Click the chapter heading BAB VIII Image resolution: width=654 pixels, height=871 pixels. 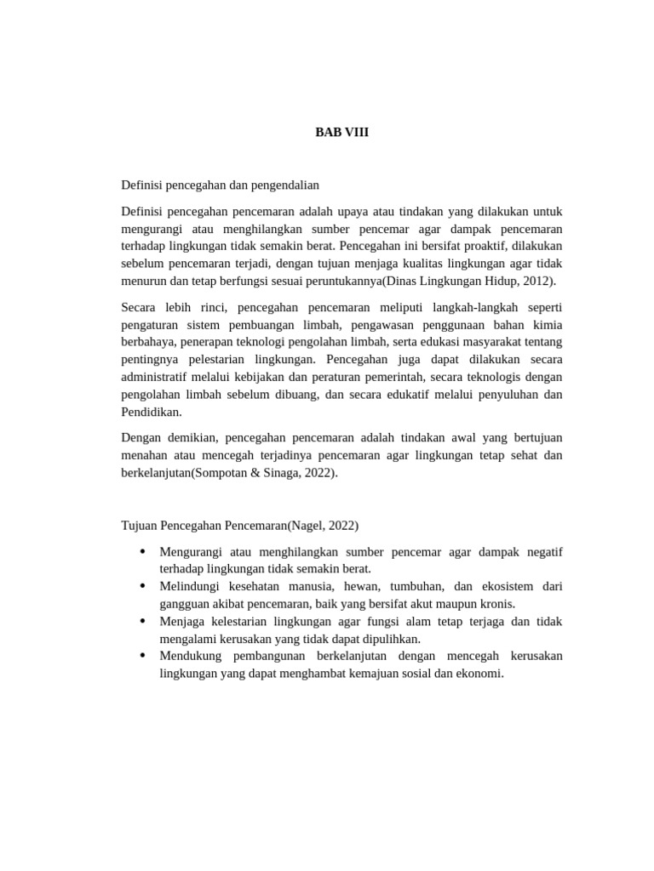(342, 132)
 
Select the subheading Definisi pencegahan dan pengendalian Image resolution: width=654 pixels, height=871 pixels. (221, 185)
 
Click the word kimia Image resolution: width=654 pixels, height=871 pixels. (545, 324)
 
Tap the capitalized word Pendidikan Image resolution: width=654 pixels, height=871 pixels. (152, 413)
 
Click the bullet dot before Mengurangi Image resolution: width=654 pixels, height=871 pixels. (141, 552)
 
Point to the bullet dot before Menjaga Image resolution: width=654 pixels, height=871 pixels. (141, 621)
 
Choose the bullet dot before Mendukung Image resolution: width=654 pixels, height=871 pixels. (141, 656)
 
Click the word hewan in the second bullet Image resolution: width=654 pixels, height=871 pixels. (361, 587)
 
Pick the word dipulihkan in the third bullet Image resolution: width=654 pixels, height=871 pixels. (391, 639)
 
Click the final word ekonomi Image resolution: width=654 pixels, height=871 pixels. (480, 674)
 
